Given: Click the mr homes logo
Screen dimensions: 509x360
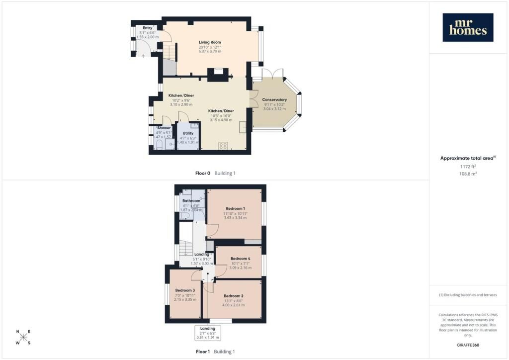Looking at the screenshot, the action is click(x=468, y=27).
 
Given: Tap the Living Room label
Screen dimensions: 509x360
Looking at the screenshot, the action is click(x=210, y=42).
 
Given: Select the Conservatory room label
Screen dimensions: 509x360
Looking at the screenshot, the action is click(x=274, y=99).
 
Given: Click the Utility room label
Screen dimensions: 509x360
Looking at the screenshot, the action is click(x=188, y=133).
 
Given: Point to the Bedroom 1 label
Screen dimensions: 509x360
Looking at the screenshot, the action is click(x=235, y=208).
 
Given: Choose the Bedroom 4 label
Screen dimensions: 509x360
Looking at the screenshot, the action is click(x=240, y=259).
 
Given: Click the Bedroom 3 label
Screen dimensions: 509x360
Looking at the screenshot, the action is click(x=185, y=290).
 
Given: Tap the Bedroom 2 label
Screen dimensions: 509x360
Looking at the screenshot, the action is click(x=234, y=296).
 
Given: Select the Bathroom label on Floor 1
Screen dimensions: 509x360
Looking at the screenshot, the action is click(x=191, y=201).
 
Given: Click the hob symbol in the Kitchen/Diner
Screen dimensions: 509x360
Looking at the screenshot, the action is click(x=223, y=145).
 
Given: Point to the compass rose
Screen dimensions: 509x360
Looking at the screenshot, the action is click(x=23, y=337).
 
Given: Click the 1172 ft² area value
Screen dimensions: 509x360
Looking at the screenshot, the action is click(x=468, y=167).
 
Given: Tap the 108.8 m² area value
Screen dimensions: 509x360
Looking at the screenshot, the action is click(x=468, y=174).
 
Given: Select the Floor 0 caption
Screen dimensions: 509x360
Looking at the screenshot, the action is click(x=203, y=174).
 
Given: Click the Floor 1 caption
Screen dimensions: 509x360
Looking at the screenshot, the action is click(x=203, y=352).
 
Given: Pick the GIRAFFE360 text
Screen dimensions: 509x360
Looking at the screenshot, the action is click(x=468, y=345).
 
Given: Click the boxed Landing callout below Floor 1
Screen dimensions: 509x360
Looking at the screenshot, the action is click(x=208, y=333).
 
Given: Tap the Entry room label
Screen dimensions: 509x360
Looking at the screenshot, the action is click(x=147, y=28).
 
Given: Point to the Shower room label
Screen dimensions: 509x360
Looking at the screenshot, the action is click(x=164, y=128).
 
